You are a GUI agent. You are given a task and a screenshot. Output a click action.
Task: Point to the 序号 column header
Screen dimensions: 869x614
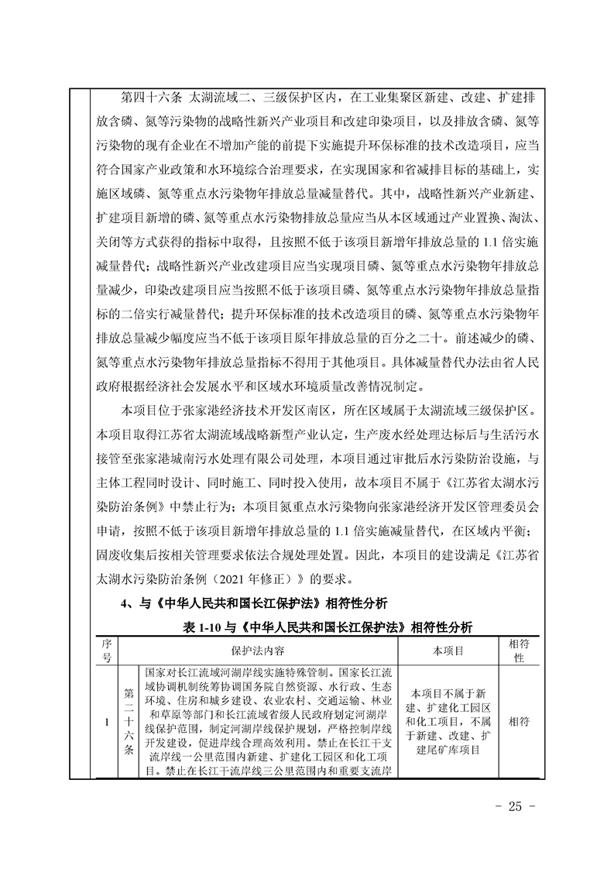point(106,651)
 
